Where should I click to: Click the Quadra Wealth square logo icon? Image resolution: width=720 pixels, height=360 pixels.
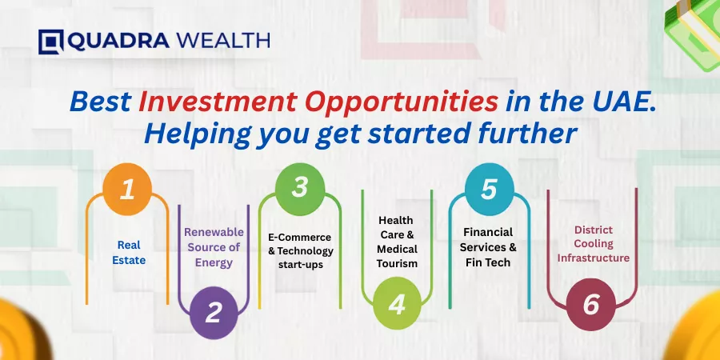(x=51, y=42)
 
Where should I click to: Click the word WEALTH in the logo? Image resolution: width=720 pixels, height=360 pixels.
(x=223, y=41)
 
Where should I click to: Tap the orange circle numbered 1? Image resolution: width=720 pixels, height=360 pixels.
(x=127, y=189)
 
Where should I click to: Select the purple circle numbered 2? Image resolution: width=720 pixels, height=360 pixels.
(x=214, y=312)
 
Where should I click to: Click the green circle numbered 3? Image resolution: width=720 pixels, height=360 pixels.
(x=300, y=189)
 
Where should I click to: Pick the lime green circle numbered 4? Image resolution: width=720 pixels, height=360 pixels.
(x=397, y=303)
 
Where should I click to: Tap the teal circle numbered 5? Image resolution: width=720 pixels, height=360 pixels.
(x=489, y=189)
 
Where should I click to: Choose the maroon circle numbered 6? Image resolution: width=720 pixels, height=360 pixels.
(x=591, y=305)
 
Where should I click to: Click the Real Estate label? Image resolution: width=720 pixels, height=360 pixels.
(x=129, y=253)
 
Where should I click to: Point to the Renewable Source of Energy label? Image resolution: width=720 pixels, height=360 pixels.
(x=214, y=247)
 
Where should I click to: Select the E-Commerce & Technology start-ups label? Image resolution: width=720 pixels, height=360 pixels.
(x=301, y=250)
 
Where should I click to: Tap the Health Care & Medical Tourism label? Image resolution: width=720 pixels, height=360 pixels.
(x=397, y=242)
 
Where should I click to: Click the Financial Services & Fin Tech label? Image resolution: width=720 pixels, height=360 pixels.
(x=488, y=247)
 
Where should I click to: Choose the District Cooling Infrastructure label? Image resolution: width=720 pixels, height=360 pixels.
(x=594, y=243)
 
